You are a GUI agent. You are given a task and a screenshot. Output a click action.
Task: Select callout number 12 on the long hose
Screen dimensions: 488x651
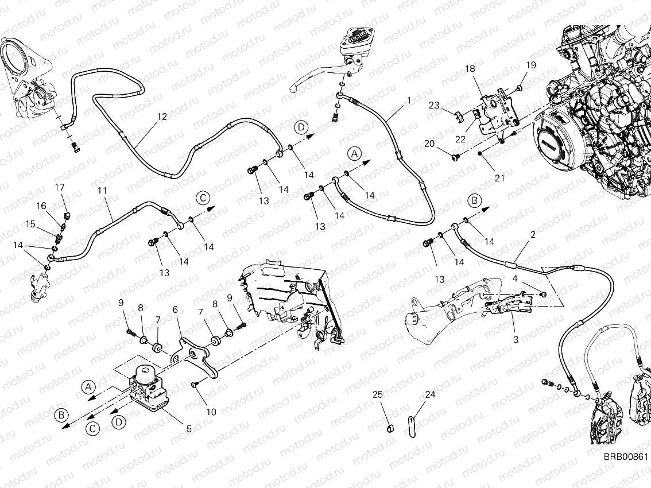[x=161, y=117]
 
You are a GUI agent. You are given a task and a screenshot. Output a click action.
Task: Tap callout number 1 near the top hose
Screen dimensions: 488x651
[x=409, y=100]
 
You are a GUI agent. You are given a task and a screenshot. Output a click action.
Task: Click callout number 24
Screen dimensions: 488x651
[x=430, y=394]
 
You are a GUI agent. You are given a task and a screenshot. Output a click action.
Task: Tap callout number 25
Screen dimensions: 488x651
[x=377, y=394]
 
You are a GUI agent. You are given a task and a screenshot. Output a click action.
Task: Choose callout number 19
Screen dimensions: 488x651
[x=530, y=65]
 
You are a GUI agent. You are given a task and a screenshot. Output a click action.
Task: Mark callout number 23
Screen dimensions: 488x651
[x=434, y=105]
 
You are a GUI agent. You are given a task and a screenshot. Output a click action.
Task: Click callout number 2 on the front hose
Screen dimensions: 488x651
[x=533, y=235]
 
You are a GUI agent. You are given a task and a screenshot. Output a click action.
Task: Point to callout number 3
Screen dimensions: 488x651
[x=516, y=339]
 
